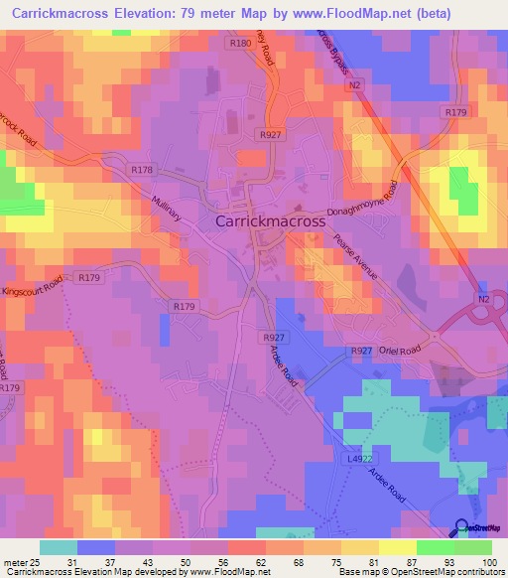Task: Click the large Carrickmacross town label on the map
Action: pyautogui.click(x=270, y=222)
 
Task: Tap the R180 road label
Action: pyautogui.click(x=239, y=44)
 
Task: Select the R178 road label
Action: pyautogui.click(x=142, y=170)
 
